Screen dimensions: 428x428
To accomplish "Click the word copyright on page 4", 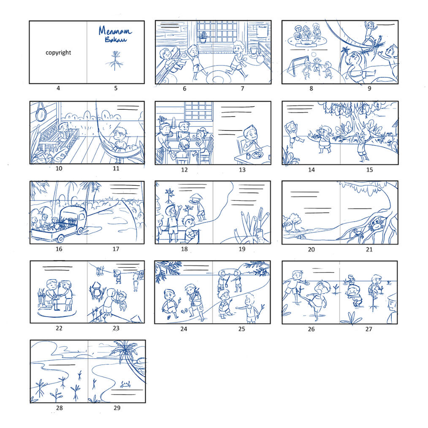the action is click(x=58, y=52).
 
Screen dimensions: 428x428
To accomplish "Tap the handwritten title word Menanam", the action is click(x=115, y=31).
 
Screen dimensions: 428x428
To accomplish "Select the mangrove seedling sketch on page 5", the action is click(x=114, y=61).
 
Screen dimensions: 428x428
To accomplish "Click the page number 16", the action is click(x=59, y=249).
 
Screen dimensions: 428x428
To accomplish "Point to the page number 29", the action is click(x=117, y=408).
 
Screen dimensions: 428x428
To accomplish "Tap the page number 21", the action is click(x=369, y=249).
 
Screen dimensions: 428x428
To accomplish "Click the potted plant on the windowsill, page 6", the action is click(x=203, y=37).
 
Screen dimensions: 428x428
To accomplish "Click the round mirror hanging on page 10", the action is click(x=41, y=113).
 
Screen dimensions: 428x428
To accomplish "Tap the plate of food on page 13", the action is click(x=257, y=155).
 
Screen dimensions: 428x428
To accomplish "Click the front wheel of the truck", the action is click(x=60, y=238).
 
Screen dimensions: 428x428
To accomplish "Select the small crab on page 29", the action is click(x=125, y=385).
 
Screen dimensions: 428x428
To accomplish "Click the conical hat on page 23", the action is click(x=96, y=286).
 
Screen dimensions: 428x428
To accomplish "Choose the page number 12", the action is click(x=184, y=170).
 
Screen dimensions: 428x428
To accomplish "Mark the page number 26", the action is click(x=311, y=329).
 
